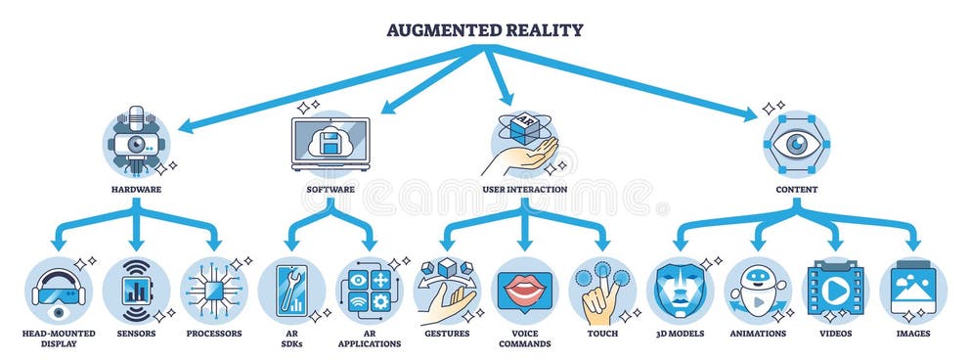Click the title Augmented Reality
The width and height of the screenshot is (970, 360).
point(485,30)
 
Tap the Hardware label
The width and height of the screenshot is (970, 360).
point(136,188)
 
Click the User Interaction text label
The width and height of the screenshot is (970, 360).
point(525,188)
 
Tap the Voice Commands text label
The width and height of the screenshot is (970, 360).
point(525,338)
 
